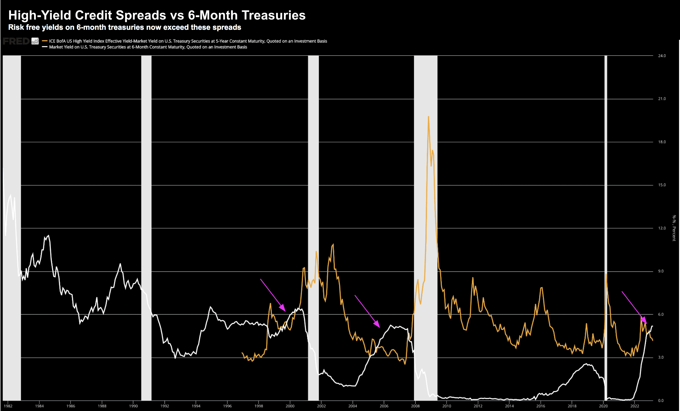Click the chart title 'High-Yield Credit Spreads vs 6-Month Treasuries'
click(157, 15)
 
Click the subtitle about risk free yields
click(124, 27)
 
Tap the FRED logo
click(16, 41)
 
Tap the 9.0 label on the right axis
click(661, 271)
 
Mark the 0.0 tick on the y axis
click(661, 401)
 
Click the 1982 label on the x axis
click(8, 406)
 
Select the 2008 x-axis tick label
click(415, 406)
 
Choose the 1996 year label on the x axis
click(227, 406)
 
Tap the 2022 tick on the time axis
click(634, 406)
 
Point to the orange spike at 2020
click(606, 274)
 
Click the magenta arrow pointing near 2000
click(273, 295)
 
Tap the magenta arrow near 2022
click(634, 308)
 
